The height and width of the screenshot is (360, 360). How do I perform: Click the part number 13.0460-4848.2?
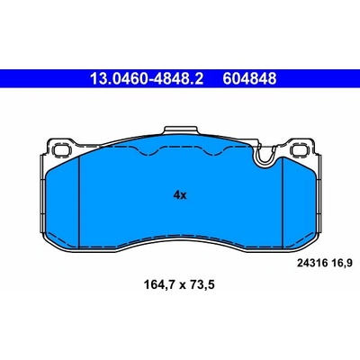[147, 79]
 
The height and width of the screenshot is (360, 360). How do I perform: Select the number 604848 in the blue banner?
[249, 79]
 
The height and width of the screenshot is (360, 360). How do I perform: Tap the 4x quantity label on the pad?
[180, 195]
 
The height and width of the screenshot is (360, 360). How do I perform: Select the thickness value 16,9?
[342, 264]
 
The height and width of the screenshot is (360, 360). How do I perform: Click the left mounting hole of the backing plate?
[61, 149]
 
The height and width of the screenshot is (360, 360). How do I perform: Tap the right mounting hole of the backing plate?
[300, 149]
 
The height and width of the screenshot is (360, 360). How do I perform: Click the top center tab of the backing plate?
[181, 130]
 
